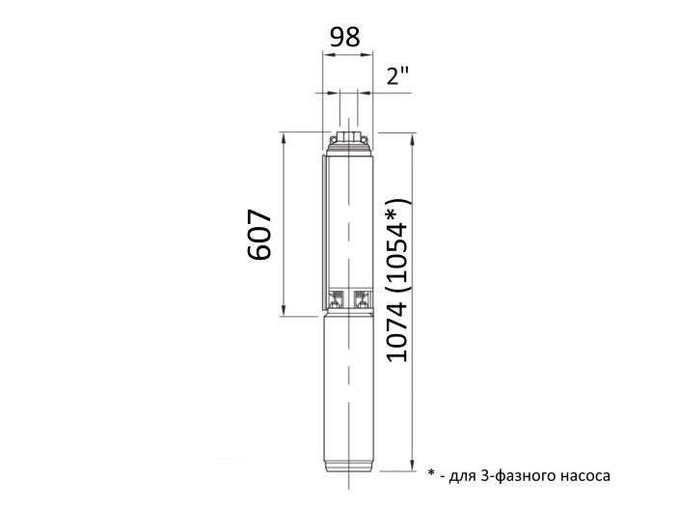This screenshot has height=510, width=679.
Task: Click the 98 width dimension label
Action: pos(345,37)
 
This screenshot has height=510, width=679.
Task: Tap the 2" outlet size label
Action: pos(398,78)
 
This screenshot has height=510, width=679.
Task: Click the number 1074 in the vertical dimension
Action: pos(397,326)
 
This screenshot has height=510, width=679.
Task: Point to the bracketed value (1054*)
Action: pos(397,239)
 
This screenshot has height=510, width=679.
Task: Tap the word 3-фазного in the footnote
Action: pos(511,475)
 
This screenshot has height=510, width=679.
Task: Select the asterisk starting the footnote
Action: pos(431,473)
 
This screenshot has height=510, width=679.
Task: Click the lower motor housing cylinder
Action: pos(347,386)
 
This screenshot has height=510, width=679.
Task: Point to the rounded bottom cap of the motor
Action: pos(347,466)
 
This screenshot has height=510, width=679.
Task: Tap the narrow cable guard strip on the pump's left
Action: pos(323,232)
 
